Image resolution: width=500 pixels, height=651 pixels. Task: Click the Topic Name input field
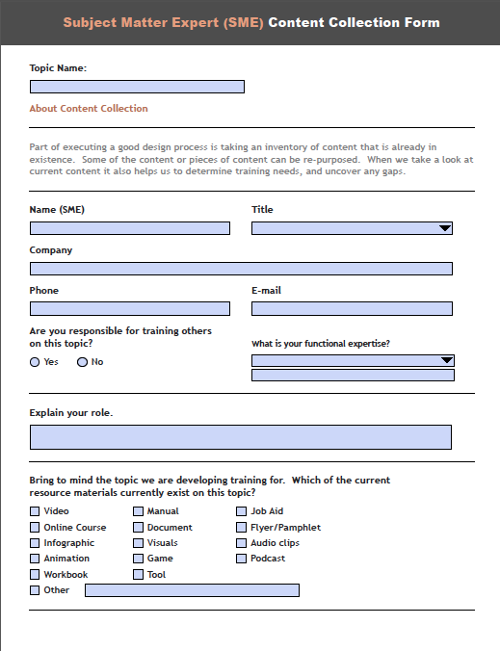coord(137,87)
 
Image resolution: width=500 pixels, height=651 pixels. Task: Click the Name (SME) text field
coord(130,228)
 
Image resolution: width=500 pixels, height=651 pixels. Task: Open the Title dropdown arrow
coord(444,228)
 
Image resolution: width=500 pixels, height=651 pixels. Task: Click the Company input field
coord(241,269)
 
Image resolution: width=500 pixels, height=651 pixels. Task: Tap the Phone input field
coord(130,309)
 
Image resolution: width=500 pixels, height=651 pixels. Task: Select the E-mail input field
coord(352,309)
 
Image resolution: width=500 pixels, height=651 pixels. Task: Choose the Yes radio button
coord(36,362)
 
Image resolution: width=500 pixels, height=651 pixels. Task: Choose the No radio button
coord(82,362)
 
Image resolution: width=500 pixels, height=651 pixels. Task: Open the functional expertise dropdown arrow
coord(446,360)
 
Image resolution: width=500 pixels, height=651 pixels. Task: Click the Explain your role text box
coord(241,437)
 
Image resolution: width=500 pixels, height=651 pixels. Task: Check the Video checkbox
coord(36,511)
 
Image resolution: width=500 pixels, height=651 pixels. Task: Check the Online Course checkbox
coord(36,528)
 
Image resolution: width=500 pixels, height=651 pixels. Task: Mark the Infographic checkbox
coord(36,543)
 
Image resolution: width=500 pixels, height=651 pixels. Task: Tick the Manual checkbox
coord(139,511)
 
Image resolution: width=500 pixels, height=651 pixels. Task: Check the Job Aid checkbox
coord(242,511)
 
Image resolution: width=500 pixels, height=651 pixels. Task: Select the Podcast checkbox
coord(242,559)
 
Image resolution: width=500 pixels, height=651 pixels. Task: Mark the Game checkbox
coord(139,559)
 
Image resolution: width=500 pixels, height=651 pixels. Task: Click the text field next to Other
coord(192,590)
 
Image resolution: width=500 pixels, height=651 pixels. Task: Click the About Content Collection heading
coord(89,109)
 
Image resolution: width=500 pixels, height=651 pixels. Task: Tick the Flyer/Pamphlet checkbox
coord(242,528)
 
